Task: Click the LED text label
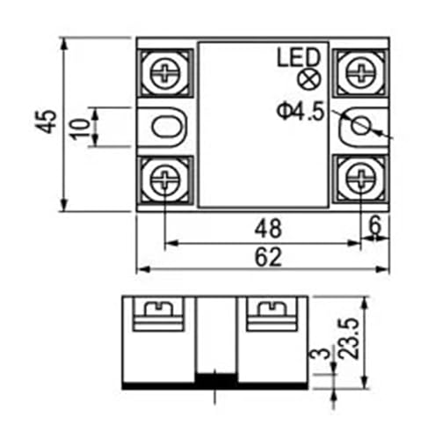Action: click(x=298, y=58)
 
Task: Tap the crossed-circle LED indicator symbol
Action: click(x=309, y=79)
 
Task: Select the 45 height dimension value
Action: click(x=46, y=121)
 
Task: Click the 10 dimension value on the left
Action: click(x=80, y=129)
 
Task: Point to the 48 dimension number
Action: click(x=268, y=229)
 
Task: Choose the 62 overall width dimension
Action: click(x=268, y=257)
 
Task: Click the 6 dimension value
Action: click(x=374, y=224)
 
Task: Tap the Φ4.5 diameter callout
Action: click(x=301, y=112)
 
